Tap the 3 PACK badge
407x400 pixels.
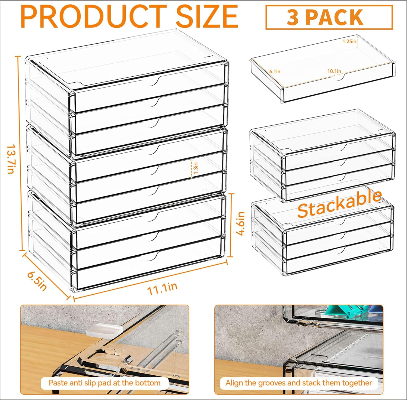(329, 17)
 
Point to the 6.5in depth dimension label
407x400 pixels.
(37, 281)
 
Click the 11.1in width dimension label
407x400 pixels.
(162, 289)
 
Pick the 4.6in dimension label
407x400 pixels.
(240, 224)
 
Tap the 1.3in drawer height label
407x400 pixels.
(196, 168)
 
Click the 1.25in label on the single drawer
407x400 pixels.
(349, 41)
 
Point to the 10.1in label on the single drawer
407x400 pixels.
(334, 71)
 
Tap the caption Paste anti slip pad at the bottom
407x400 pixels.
(104, 383)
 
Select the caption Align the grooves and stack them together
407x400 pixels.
(298, 383)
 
